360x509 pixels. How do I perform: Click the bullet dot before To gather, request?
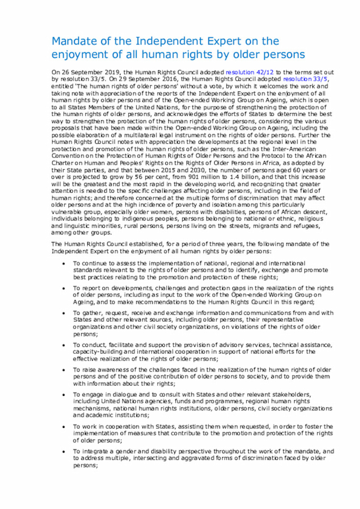[x=66, y=313]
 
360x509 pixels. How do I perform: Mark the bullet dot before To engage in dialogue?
[x=66, y=395]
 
